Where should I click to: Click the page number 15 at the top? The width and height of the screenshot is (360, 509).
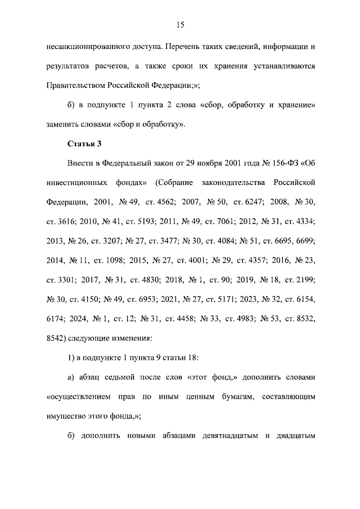(181, 24)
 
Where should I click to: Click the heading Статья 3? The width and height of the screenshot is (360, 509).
(84, 143)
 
